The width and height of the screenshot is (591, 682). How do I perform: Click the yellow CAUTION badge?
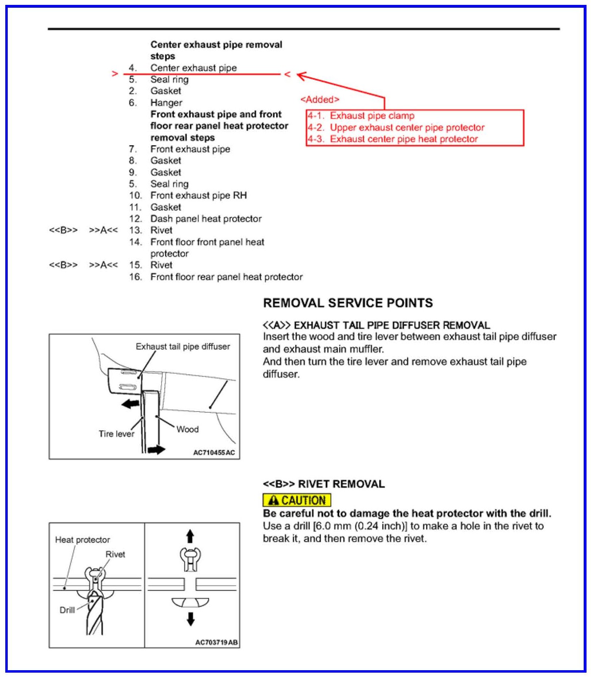297,500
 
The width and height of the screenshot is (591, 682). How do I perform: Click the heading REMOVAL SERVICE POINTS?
348,303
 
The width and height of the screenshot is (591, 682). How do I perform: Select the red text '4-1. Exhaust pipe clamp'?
361,116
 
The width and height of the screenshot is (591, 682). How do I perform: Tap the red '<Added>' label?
320,100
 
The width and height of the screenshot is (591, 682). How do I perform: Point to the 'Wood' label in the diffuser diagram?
187,429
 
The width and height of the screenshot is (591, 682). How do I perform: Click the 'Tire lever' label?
116,434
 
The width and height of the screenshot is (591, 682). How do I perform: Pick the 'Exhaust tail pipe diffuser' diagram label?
183,346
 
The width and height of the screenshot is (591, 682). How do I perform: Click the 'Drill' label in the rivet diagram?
67,610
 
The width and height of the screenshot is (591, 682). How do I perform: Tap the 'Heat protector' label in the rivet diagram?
83,540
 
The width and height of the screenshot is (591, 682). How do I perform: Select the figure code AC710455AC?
214,453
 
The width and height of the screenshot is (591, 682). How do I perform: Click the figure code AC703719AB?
216,643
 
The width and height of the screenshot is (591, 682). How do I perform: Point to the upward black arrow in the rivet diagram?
190,536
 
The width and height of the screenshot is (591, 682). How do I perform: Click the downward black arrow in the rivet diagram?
190,619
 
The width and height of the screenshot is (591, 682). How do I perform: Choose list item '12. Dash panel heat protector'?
195,219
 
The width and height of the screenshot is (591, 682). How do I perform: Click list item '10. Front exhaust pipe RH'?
188,196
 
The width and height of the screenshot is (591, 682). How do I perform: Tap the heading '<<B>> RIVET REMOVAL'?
323,484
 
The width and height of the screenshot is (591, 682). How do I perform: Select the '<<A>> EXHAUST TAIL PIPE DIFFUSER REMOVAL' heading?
376,325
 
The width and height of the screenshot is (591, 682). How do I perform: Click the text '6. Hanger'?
156,103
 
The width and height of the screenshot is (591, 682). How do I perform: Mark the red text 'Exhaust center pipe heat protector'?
403,139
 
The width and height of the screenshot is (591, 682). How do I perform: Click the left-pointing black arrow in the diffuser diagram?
131,404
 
